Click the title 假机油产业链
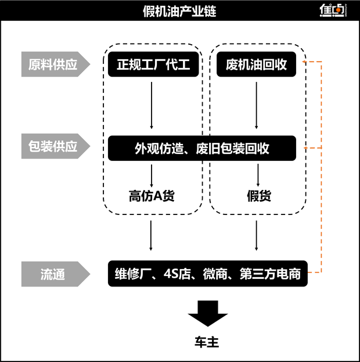pos(179,11)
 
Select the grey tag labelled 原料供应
pos(56,64)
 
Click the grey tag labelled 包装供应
pos(56,147)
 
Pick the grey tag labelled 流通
pos(56,274)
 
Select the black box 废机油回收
pos(256,64)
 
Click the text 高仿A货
pos(151,196)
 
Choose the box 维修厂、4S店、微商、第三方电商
pos(207,274)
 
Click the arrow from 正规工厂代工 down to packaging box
pos(152,105)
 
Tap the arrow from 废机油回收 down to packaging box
pos(257,105)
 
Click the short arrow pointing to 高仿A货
pos(152,174)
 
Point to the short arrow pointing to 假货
pos(257,174)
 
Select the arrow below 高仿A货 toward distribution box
pos(152,235)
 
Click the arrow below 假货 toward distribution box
pos(257,235)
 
